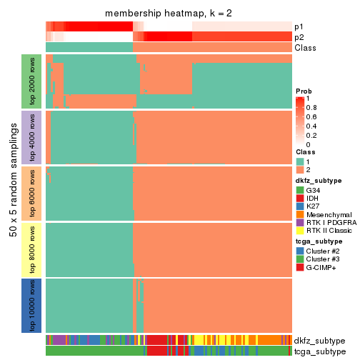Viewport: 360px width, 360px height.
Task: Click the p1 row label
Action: pyautogui.click(x=299, y=26)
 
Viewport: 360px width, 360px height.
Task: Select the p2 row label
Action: pyautogui.click(x=299, y=37)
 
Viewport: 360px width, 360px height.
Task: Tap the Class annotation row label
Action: pyautogui.click(x=305, y=48)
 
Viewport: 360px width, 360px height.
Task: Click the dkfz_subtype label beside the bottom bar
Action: pyautogui.click(x=319, y=340)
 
